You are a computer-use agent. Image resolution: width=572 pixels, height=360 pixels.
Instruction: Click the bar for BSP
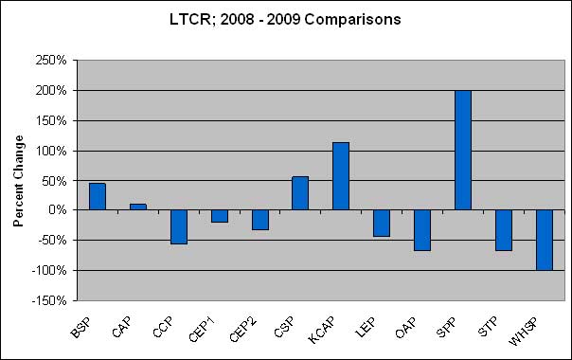click(x=97, y=196)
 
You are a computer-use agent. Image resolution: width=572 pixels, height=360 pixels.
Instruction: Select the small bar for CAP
click(x=137, y=207)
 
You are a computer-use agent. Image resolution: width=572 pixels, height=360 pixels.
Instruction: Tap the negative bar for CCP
click(x=178, y=226)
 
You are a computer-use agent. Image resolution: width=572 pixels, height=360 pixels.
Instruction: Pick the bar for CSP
click(x=300, y=193)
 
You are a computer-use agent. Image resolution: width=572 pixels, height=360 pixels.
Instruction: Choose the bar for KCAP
click(x=341, y=176)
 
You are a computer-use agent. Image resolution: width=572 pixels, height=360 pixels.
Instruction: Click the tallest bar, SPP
click(x=463, y=150)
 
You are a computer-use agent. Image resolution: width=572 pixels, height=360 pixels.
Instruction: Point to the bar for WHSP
click(x=545, y=240)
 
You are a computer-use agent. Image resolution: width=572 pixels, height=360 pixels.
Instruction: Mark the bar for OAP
click(x=422, y=230)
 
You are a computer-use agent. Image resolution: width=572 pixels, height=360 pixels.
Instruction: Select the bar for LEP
click(x=382, y=224)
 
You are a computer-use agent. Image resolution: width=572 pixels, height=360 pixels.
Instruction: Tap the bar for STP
click(x=504, y=230)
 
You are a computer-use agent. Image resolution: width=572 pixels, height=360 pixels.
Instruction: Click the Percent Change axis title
click(x=19, y=180)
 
